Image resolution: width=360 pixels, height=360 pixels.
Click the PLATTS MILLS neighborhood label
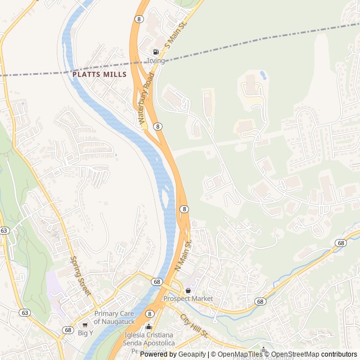click(x=99, y=74)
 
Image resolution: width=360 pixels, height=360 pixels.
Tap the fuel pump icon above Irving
click(x=156, y=52)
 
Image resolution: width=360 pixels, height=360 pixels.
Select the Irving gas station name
click(x=156, y=61)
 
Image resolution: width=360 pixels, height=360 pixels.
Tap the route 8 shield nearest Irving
click(x=138, y=19)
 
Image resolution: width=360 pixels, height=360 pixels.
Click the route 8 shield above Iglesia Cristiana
click(x=149, y=313)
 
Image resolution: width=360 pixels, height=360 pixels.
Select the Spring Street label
click(x=80, y=276)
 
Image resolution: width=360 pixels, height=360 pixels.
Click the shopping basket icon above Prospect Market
click(x=188, y=290)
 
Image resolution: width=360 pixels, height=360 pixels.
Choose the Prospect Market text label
click(x=188, y=298)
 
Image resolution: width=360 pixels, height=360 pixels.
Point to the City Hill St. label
click(x=194, y=326)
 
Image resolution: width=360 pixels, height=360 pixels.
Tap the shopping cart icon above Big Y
click(x=85, y=325)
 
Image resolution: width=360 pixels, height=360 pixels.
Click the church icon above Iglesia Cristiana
click(x=148, y=327)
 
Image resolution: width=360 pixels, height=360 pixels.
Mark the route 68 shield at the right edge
click(x=340, y=242)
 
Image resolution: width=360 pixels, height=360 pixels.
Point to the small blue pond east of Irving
click(x=263, y=74)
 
